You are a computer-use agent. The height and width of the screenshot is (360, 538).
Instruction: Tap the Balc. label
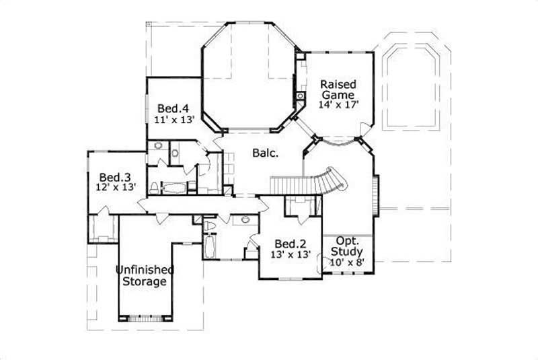coord(266,153)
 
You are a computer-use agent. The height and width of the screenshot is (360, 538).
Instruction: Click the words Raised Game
coord(338,89)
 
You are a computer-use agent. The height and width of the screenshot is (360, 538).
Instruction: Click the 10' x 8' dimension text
coord(347,262)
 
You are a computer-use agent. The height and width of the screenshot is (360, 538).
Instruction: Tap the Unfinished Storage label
coord(145,276)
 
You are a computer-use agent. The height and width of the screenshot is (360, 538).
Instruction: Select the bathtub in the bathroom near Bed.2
coord(208,247)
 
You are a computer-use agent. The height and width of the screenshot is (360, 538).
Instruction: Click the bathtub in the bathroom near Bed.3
coord(177,187)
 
